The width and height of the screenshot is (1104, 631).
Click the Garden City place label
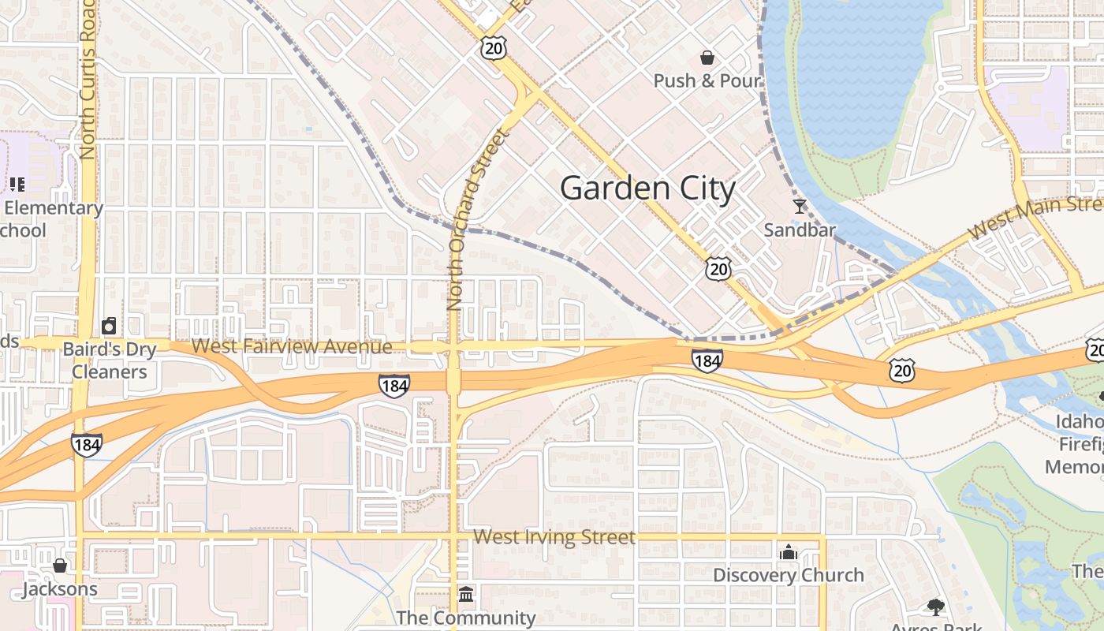[647, 189]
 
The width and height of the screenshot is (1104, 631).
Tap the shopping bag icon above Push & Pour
[707, 58]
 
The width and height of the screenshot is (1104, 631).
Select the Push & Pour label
[707, 80]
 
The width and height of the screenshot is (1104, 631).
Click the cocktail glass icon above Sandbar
[800, 207]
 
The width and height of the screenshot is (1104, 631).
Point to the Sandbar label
[800, 230]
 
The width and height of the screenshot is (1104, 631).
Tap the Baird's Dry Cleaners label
[110, 360]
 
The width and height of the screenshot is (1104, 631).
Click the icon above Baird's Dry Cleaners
[110, 326]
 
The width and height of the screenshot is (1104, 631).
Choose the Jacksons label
[60, 589]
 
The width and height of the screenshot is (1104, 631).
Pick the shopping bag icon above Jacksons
[60, 566]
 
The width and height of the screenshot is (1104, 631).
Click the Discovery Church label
[789, 575]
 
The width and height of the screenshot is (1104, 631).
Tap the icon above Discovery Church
[789, 552]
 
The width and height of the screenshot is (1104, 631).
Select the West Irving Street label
[554, 538]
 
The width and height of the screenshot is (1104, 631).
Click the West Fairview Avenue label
[292, 346]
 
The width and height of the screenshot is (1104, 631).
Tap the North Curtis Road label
[88, 79]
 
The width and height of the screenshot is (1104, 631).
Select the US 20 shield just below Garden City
[718, 268]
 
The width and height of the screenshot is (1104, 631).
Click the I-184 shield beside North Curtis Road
[86, 445]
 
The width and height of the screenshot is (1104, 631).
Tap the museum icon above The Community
[466, 593]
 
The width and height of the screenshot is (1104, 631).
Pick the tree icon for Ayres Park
[936, 607]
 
